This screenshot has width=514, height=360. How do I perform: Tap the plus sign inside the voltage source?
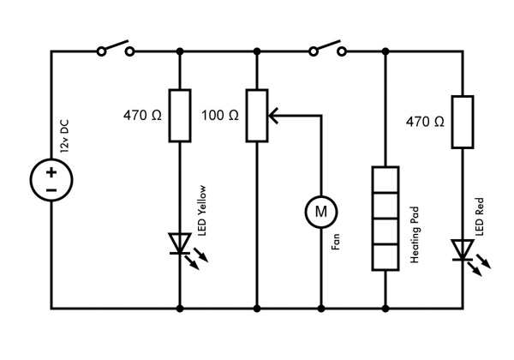51,172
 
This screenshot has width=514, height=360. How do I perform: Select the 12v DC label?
64,136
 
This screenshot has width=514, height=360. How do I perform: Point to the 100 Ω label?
220,116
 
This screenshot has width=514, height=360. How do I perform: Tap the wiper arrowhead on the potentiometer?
273,116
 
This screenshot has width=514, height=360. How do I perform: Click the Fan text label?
335,242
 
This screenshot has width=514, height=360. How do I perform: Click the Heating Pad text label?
415,235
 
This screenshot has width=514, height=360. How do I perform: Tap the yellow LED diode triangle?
180,243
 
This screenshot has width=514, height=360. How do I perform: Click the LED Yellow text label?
202,211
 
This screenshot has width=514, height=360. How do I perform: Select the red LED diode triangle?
463,249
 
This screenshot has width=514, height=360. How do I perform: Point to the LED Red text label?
479,216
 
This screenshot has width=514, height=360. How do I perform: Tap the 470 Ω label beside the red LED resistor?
425,122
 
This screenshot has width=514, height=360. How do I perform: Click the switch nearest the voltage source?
116,48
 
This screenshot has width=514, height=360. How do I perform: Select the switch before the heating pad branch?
327,48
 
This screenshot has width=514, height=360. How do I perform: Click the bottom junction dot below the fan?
321,309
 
